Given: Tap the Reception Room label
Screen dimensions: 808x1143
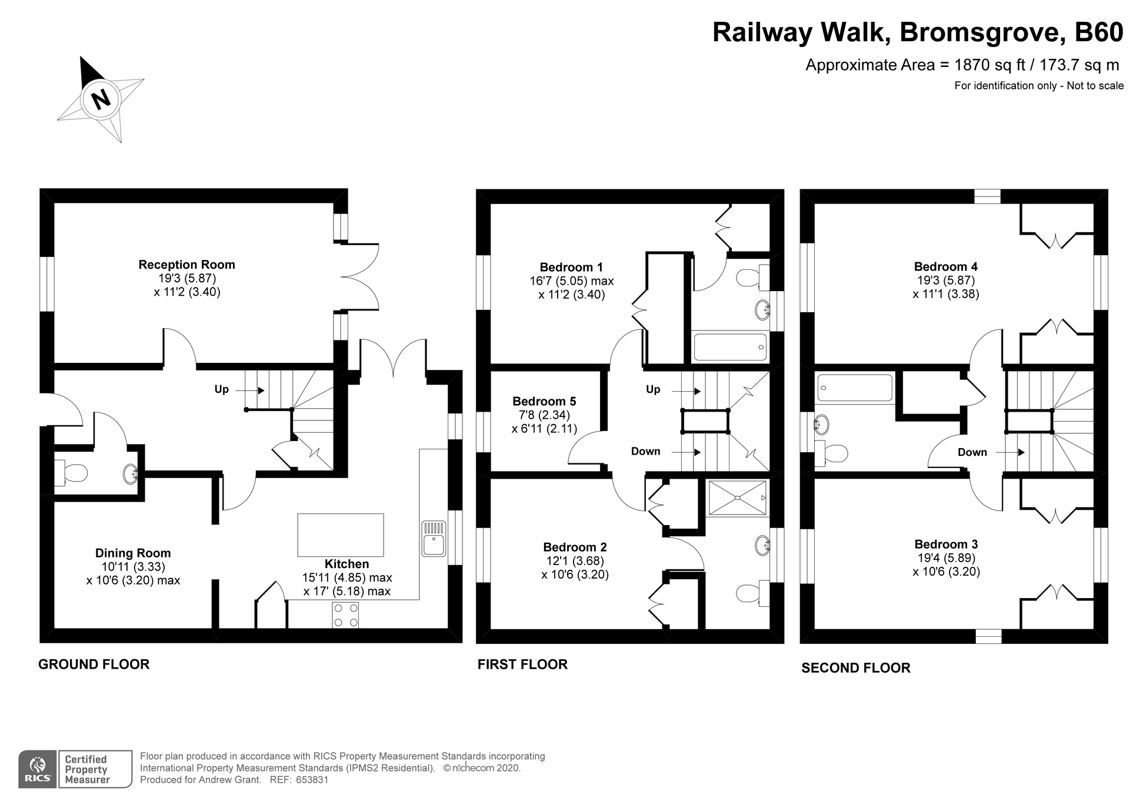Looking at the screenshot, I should point(186,265).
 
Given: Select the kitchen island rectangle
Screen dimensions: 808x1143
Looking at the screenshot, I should point(340,535).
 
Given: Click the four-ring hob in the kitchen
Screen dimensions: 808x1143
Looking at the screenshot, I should point(345,615).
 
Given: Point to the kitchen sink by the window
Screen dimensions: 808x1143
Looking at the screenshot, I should point(434,538).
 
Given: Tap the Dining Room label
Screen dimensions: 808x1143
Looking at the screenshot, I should point(133,553).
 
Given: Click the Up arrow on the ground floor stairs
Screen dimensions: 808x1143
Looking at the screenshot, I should point(257,390).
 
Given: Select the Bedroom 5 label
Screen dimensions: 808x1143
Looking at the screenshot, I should point(544,402).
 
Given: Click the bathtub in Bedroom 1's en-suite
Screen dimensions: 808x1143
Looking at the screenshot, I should point(730,347).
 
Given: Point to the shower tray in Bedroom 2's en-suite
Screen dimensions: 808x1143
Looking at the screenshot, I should point(737,498).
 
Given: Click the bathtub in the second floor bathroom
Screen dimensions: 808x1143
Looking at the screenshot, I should point(855,388).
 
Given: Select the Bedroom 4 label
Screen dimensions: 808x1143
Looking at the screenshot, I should point(945,267).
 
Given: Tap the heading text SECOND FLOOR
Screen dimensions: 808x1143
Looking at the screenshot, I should point(855,667).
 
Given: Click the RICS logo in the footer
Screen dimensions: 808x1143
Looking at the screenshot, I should point(38,769).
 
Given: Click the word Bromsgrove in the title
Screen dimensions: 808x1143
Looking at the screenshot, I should point(982,32).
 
